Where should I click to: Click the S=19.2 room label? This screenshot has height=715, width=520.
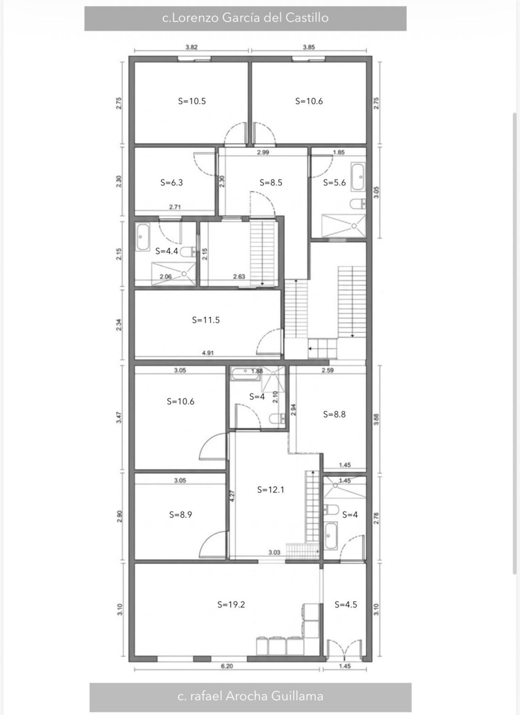point(231,604)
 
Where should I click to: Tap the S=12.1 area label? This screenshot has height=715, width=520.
point(271,489)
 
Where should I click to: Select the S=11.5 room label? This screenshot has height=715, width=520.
point(206,320)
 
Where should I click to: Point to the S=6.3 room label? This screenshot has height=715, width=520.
point(172,183)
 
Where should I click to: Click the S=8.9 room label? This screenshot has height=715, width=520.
point(181,515)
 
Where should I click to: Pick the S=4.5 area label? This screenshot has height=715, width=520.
point(346,604)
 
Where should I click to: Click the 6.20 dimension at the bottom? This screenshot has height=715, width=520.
point(227,666)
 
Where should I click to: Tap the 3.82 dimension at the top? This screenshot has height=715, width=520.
point(191,47)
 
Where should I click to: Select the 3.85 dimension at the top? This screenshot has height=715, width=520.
point(309,47)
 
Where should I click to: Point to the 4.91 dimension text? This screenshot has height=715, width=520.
point(208,353)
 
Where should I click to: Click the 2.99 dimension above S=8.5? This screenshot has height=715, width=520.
point(263,152)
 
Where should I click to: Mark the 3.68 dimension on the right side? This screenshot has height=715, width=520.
point(377,420)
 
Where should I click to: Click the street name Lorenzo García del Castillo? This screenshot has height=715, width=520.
point(245,18)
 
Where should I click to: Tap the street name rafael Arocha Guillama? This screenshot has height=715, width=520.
point(250,696)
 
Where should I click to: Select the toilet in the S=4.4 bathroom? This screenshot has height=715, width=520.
point(188,251)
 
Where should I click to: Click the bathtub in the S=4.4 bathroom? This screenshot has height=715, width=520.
point(142,237)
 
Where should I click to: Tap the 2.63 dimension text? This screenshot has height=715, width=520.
point(239,276)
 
